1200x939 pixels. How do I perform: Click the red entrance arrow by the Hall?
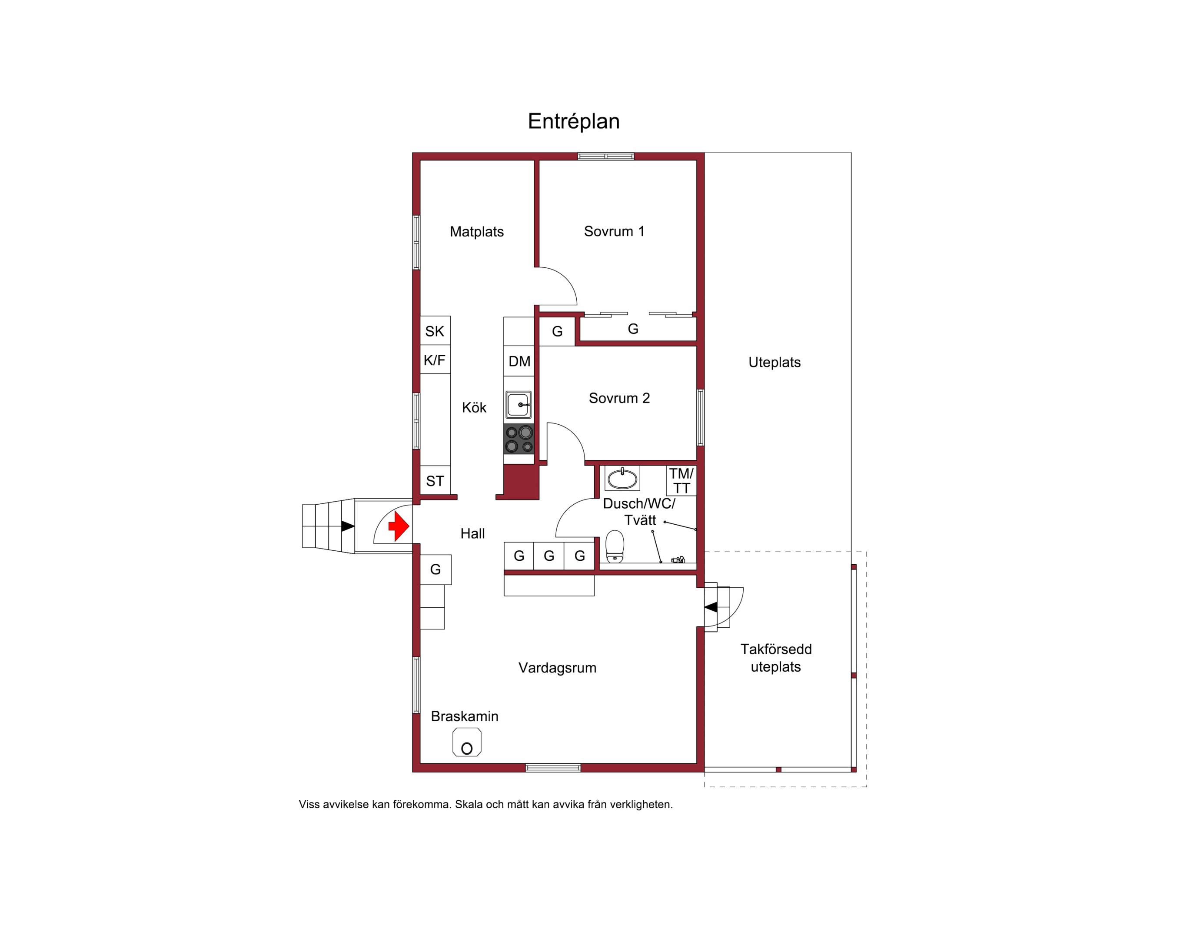(x=399, y=526)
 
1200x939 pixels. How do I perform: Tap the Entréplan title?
(x=573, y=121)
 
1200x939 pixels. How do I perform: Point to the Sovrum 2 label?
(x=619, y=398)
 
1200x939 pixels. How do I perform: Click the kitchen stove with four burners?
(x=519, y=439)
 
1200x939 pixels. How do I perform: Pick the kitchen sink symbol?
(x=519, y=405)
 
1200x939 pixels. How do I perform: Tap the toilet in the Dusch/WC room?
(x=615, y=546)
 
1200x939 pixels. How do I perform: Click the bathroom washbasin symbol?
(x=622, y=478)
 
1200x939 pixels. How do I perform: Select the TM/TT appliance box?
(x=681, y=480)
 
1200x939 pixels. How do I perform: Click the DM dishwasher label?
(x=519, y=361)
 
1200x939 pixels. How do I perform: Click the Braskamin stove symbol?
(x=467, y=742)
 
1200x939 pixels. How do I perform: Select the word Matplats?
(x=477, y=231)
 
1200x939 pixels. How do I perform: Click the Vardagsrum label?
(x=557, y=668)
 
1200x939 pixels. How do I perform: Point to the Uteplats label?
(x=774, y=362)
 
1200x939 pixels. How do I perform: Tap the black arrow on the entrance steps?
(x=347, y=526)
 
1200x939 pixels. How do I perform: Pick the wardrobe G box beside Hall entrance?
(x=436, y=569)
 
